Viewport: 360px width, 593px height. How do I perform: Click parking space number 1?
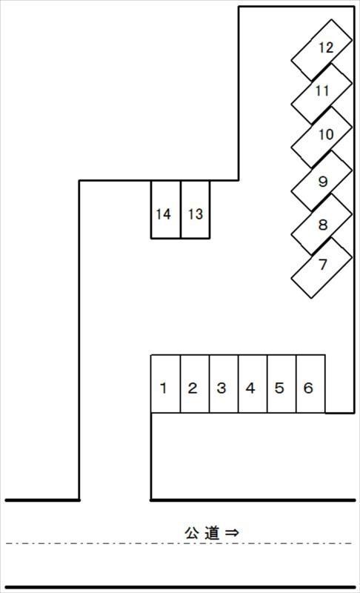click(x=165, y=383)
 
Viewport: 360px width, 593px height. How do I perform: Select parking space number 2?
click(x=195, y=383)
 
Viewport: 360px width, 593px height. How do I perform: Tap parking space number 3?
click(x=224, y=383)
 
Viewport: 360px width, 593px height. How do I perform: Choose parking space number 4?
click(x=253, y=383)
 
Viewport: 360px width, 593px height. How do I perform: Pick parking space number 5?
click(x=281, y=383)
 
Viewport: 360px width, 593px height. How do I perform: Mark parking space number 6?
click(x=311, y=383)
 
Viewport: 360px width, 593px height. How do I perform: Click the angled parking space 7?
click(x=321, y=268)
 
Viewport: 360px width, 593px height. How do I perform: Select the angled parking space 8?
click(x=321, y=225)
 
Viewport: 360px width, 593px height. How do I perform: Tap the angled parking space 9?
click(x=321, y=181)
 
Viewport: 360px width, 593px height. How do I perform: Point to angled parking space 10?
click(x=321, y=138)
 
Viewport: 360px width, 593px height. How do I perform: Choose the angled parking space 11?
click(x=321, y=94)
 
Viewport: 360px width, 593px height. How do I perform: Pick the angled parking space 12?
click(x=321, y=50)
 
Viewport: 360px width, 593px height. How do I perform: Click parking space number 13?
click(x=196, y=210)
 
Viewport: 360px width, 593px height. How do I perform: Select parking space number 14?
click(x=166, y=210)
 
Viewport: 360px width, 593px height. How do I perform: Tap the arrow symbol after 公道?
click(x=232, y=532)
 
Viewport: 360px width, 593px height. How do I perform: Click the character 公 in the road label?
click(x=192, y=532)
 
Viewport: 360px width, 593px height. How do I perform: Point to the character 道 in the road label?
click(x=212, y=532)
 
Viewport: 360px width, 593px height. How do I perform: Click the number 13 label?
click(x=196, y=214)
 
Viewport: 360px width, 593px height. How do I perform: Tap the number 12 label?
click(x=326, y=47)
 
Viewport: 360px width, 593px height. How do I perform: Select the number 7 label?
click(x=323, y=265)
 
